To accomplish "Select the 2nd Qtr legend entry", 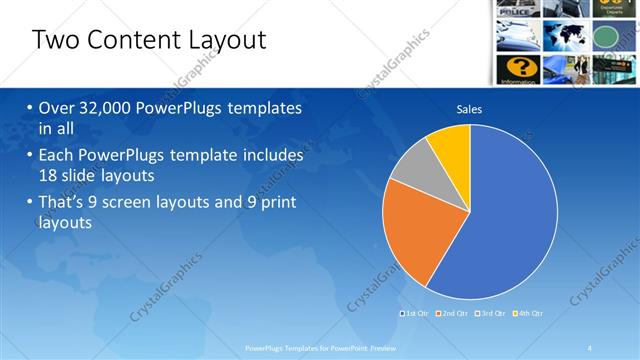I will (452, 313).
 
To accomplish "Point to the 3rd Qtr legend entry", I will (490, 313).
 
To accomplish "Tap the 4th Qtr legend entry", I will (528, 313).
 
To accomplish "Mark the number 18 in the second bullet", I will (49, 176).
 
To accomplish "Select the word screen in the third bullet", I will (149, 203).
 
